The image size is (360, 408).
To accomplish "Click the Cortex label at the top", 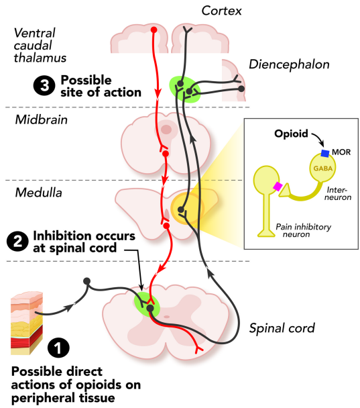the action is pos(221,11).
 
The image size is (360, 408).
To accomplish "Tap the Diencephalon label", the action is pos(289,64).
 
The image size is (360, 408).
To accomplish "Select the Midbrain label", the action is pos(42,119).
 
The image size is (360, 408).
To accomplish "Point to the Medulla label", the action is pos(39,193).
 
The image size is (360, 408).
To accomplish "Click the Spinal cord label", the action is pos(282,328).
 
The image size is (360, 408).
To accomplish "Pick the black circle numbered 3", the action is pos(44,85).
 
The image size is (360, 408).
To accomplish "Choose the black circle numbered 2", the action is pos(17,242).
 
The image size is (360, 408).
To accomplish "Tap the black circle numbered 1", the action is pos(58,348).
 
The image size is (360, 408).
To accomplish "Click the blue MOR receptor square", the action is pos(325,153).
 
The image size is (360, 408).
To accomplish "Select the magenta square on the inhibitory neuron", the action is pos(278,187).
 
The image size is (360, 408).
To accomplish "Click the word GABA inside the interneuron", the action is pos(323,168).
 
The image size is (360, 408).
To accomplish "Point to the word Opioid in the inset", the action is pos(291,134).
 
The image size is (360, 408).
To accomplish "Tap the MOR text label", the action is pos(341,152).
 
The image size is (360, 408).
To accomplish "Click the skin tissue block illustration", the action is pos(27,323).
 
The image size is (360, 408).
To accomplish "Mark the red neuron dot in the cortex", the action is pos(154,30).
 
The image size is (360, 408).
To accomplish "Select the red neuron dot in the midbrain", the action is pos(166,154).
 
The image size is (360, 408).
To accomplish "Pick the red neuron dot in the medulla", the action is pos(167,225).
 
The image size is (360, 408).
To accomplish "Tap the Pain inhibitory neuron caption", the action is pos(303,231).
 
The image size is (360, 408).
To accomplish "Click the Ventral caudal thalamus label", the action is pos(40,46).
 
